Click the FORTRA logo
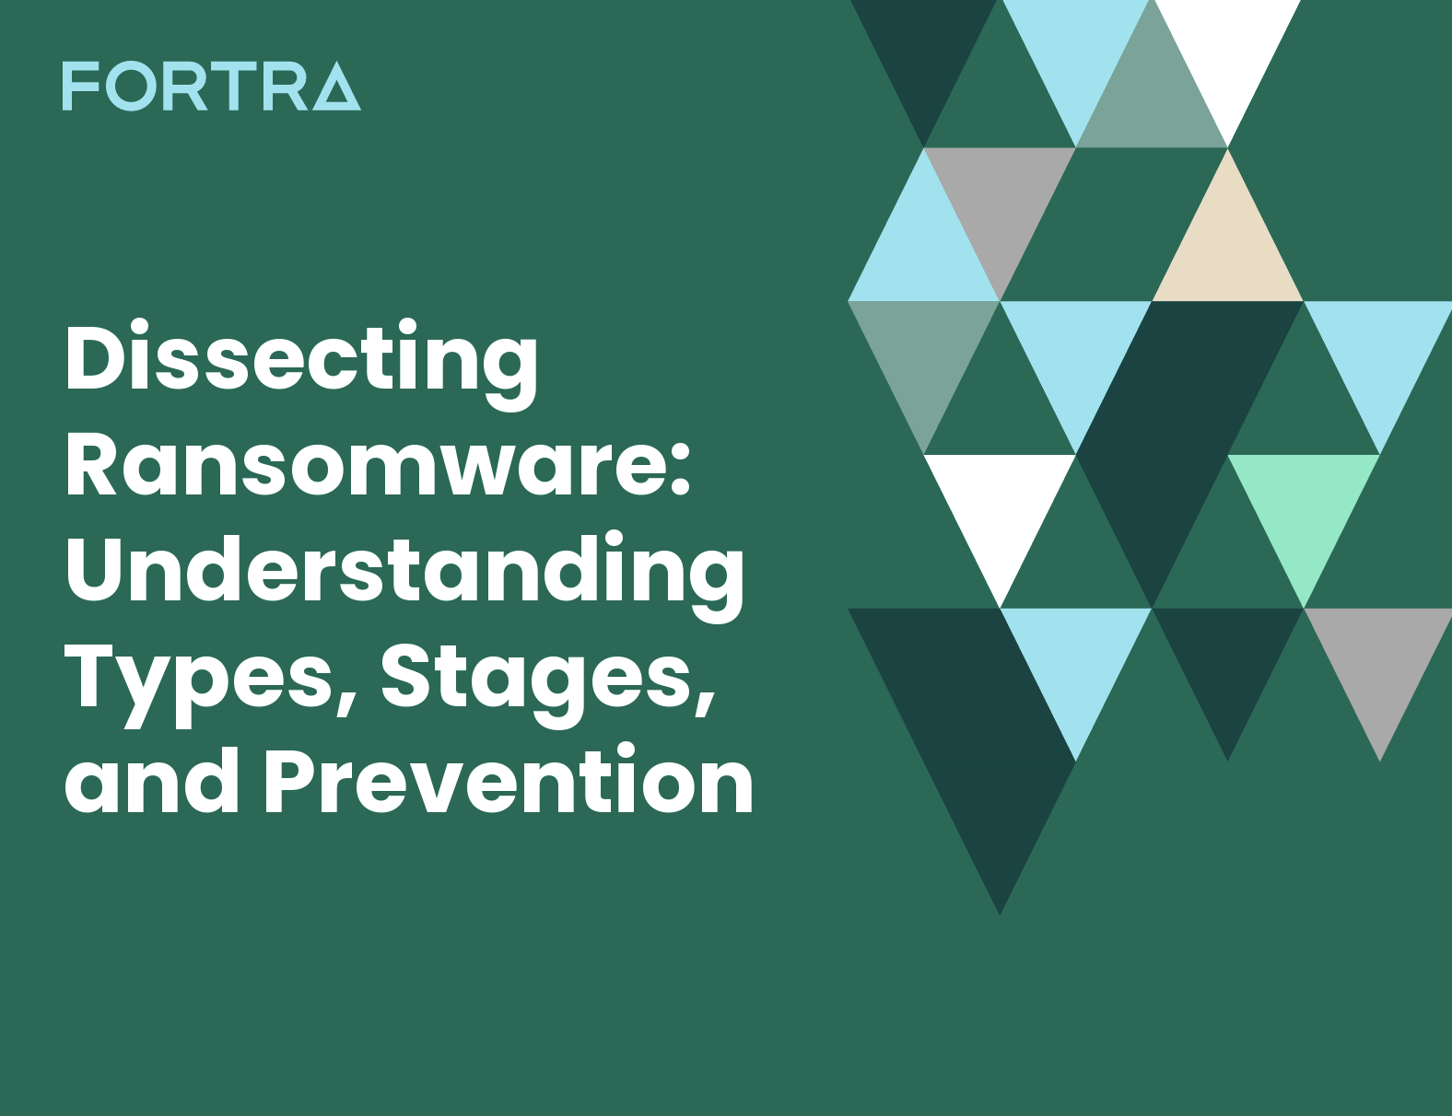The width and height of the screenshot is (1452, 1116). (211, 87)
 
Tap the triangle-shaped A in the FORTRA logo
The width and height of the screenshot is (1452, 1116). (337, 87)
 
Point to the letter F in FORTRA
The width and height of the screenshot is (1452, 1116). (79, 87)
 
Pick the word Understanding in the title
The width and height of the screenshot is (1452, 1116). (404, 573)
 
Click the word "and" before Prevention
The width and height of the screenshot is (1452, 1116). (152, 783)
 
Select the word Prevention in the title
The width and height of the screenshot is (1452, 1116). (509, 783)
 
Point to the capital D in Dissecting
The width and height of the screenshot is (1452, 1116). (96, 357)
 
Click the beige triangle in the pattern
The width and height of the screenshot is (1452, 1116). (1227, 249)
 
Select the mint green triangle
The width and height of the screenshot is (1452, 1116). (1304, 506)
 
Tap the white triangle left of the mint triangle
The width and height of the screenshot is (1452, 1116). (1000, 506)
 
